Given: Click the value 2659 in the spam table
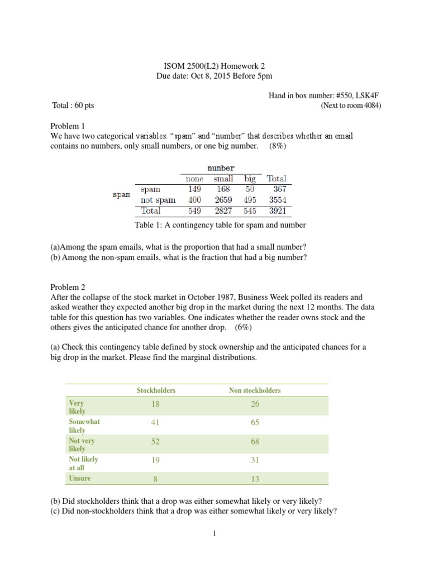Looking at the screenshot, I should coord(223,200).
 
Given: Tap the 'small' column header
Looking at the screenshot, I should coord(223,179).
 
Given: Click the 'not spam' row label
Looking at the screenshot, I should coord(158,200).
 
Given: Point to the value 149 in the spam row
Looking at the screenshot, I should coord(194,189).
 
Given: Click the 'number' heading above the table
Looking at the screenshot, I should coord(221,168).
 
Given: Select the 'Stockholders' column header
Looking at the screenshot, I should coord(156,390).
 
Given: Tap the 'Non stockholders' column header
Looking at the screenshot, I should coord(255,390).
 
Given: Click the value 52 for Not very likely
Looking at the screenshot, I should coord(155,441).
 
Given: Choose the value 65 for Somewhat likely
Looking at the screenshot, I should coord(255,423).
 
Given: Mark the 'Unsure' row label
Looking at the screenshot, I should coord(79,478).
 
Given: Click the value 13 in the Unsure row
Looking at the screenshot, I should coord(255,479).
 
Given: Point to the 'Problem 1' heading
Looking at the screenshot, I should coord(66,126).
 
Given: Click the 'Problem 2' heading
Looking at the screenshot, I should coord(66,287).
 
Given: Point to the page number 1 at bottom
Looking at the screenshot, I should coord(214,533).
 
